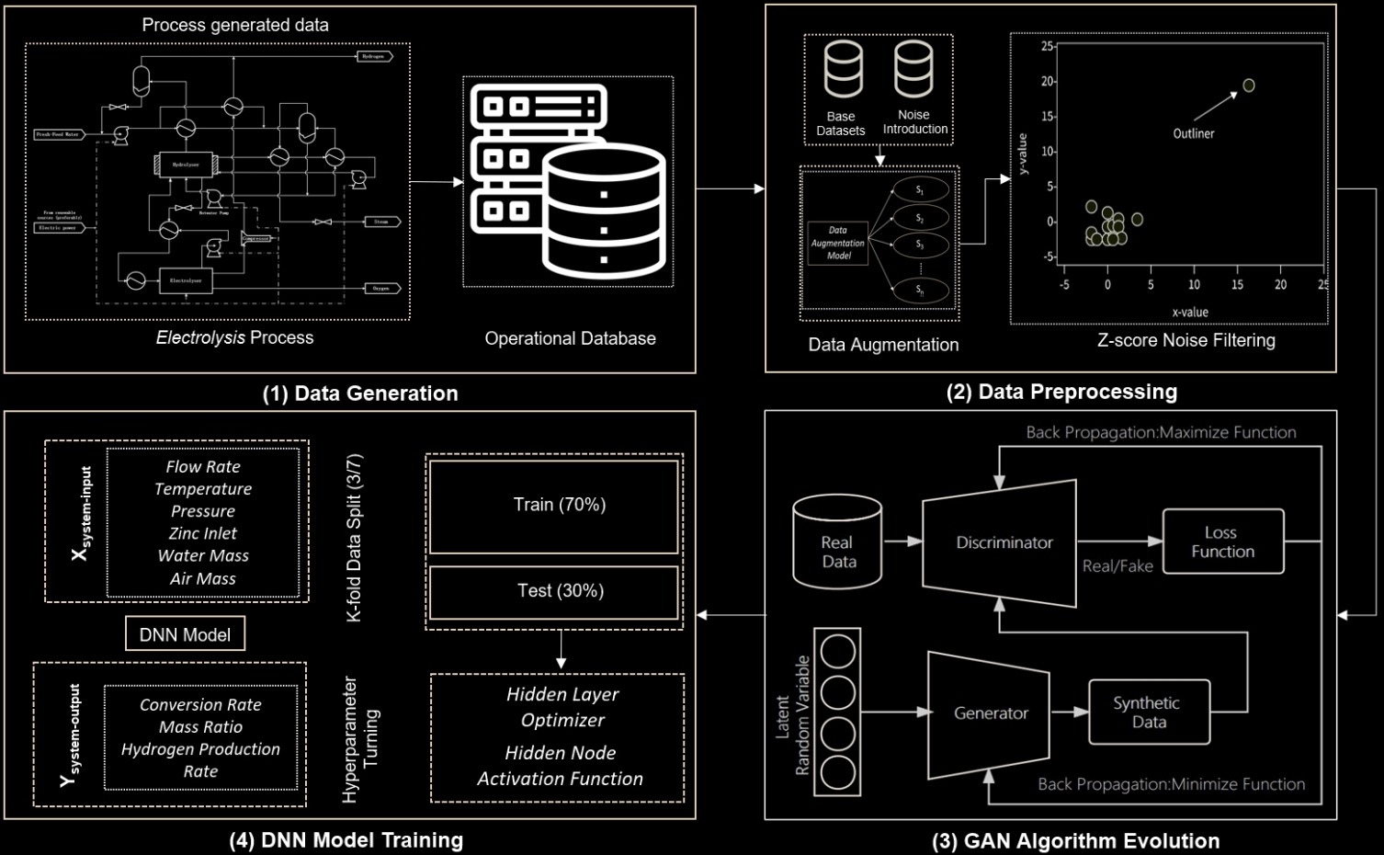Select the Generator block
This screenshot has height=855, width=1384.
point(990,712)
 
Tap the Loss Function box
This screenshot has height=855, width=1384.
point(1222,542)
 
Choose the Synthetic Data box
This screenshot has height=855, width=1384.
point(1148,712)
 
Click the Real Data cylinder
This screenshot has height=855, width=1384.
point(837,544)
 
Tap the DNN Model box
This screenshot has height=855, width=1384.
point(185,634)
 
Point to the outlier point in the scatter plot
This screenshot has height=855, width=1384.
point(1249,85)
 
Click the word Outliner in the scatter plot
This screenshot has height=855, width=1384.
point(1193,134)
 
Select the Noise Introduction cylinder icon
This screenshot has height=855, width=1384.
point(913,70)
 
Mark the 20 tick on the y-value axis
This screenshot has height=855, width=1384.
point(1048,82)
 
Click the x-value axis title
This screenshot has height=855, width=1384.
point(1189,313)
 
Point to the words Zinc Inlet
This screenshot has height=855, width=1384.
point(202,533)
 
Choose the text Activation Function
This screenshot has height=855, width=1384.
point(560,779)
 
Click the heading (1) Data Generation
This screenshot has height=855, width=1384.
point(360,393)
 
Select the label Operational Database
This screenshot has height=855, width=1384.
point(570,338)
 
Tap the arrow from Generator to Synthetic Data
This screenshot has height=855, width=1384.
point(1069,712)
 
